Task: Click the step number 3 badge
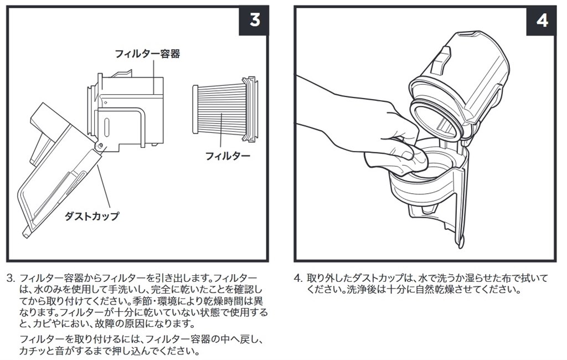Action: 254,20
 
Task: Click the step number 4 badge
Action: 542,20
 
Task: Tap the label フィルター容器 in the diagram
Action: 147,54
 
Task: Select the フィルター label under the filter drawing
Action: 228,156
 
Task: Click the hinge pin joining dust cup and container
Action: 100,145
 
